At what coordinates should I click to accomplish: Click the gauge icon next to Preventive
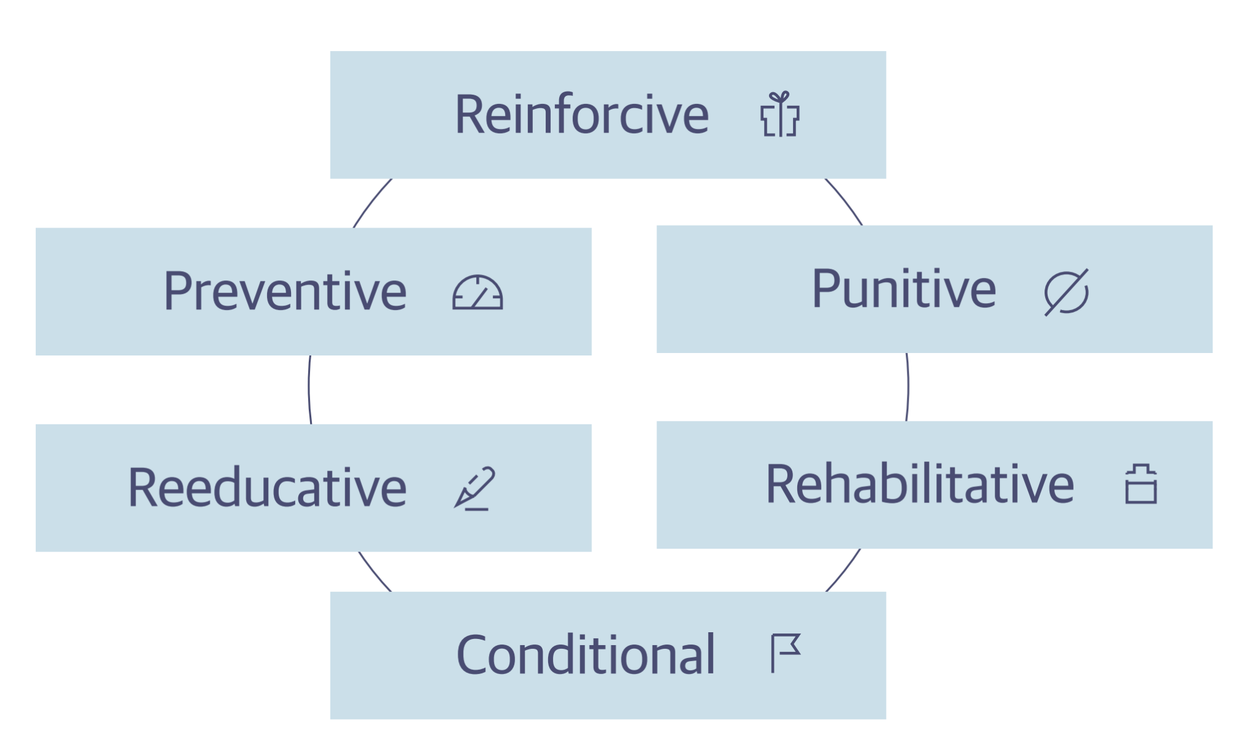tap(477, 292)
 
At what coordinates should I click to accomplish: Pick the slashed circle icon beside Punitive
tap(1066, 292)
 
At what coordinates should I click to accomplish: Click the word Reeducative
tap(267, 487)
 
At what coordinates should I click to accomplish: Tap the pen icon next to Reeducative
tap(474, 488)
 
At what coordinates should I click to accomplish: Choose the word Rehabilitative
tap(920, 484)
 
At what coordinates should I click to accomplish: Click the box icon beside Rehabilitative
tap(1141, 484)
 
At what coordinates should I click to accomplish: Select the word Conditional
tap(586, 654)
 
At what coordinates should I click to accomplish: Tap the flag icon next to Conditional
tap(786, 653)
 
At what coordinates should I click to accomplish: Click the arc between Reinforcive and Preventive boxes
tap(371, 202)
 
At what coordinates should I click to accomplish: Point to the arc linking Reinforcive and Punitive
tap(845, 201)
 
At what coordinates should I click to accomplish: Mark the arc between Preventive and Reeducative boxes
tap(309, 389)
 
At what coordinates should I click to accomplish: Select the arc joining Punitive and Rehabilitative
tap(907, 387)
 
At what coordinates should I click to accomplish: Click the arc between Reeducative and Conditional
tap(373, 573)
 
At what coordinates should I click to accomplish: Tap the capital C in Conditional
tap(472, 654)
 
